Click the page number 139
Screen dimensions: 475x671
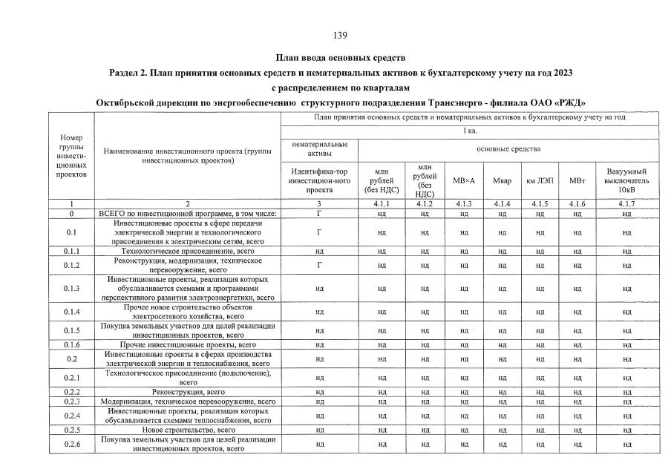tap(341, 35)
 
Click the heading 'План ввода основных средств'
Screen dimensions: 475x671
tap(341, 57)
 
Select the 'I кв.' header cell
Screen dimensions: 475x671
tap(469, 131)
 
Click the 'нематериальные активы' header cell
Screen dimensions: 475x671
tap(319, 148)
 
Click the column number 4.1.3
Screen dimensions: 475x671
tap(463, 203)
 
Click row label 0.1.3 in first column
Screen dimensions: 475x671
tap(71, 288)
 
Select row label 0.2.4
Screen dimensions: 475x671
tap(71, 415)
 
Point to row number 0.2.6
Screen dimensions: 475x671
tap(71, 444)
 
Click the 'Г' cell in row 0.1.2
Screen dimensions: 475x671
tap(319, 265)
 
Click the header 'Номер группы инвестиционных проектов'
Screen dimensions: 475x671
tap(71, 156)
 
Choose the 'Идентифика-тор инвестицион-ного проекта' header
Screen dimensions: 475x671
tap(319, 180)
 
